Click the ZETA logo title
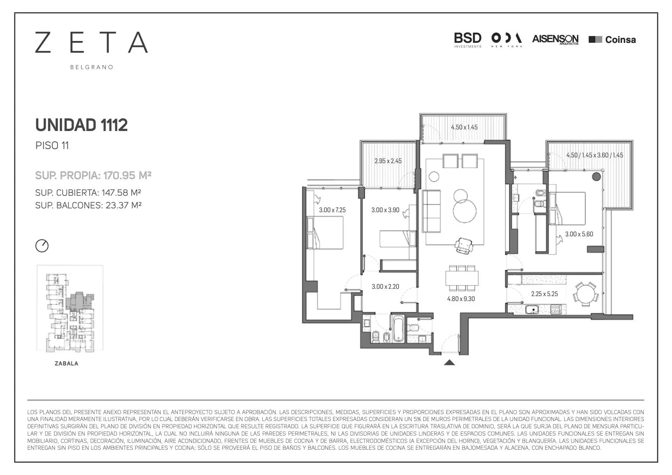tap(91, 42)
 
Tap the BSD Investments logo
tap(468, 40)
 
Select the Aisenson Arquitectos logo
tap(555, 39)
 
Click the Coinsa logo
tap(612, 39)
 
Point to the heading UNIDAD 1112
tap(81, 125)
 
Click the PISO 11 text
tap(52, 146)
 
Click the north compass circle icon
tap(42, 246)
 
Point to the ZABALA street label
tap(67, 364)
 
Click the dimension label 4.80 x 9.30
tap(461, 299)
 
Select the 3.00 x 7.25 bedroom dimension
tap(332, 210)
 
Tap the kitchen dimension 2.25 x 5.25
tap(544, 294)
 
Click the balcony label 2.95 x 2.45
tap(388, 161)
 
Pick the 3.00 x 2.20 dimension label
tap(385, 287)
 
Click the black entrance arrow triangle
tap(449, 362)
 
